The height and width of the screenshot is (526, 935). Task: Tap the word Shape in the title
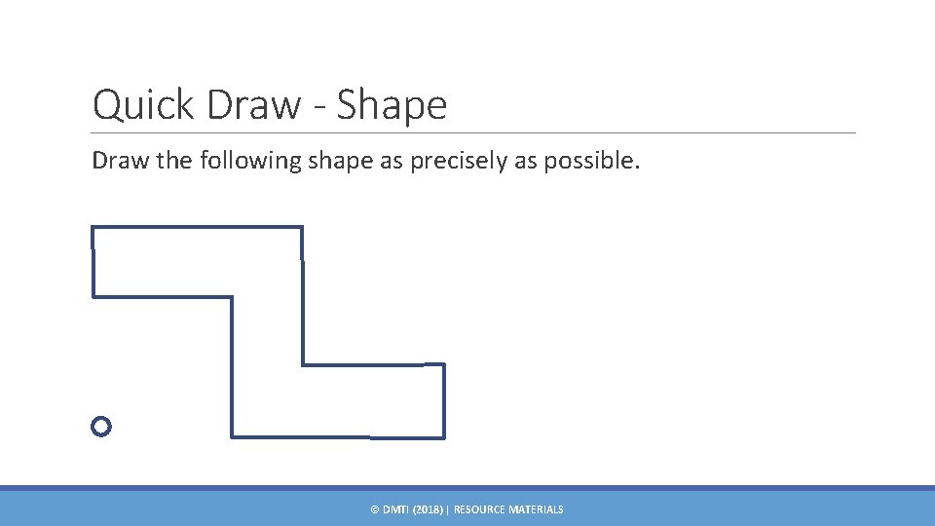coord(392,105)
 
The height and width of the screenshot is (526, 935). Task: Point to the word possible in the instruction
coord(590,161)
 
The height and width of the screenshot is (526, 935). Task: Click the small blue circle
coord(101,426)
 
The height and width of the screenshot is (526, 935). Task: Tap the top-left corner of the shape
coord(93,228)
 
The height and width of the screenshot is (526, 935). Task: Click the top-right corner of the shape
coord(302,228)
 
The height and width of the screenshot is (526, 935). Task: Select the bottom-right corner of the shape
coord(444,436)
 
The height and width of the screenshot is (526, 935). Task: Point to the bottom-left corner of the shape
coord(232,435)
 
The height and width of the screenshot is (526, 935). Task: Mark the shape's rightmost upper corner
coord(444,365)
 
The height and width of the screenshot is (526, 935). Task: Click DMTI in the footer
coord(395,509)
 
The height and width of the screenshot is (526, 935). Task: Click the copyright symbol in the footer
coord(375,509)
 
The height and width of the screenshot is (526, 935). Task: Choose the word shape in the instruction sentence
coord(341,161)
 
